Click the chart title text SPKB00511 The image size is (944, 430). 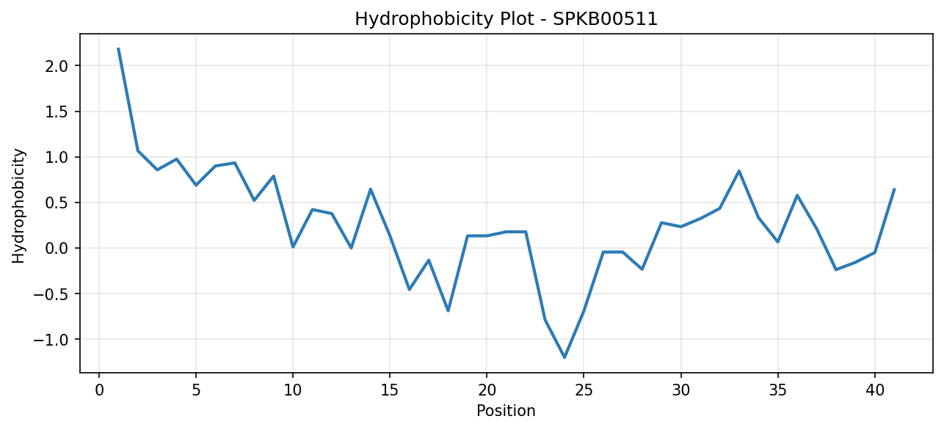point(605,19)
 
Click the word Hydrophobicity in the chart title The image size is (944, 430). point(424,20)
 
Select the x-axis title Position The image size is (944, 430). point(506,411)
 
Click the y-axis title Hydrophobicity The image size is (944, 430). point(18,206)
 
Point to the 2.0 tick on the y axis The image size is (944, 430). point(57,66)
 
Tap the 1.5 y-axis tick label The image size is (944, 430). point(57,112)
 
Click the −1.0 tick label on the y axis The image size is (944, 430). point(51,340)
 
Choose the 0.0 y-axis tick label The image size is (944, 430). point(57,249)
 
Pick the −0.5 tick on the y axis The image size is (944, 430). point(51,294)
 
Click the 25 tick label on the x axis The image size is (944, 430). point(584,390)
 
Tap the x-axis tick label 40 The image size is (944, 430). point(874,390)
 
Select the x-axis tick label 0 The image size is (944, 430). point(99,390)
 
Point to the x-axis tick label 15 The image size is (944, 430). point(390,390)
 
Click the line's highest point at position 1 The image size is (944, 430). point(118,48)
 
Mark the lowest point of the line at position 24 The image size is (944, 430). point(564,357)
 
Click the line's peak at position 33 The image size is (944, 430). point(738,170)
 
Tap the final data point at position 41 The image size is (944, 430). point(894,189)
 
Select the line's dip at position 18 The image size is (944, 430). point(448,311)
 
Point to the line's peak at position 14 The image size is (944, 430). point(371,189)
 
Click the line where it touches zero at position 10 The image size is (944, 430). point(293,247)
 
